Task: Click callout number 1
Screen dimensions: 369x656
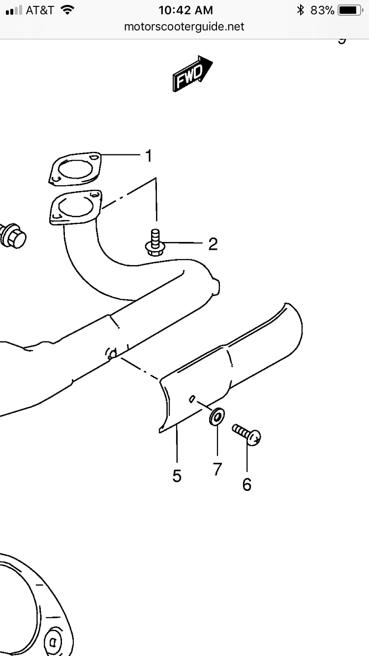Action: coord(148,156)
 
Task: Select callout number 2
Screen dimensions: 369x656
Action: coord(213,243)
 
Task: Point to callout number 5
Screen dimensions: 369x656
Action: coord(177,476)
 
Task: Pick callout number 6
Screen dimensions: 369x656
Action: coord(247,484)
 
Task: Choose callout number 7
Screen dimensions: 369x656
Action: coord(217,469)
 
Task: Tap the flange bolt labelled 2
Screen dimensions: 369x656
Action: coord(154,243)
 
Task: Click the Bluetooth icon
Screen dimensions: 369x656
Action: coord(300,10)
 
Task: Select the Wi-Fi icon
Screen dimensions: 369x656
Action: coord(67,10)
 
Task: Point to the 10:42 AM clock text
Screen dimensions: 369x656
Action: coord(185,10)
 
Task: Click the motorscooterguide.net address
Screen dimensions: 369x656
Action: coord(184,27)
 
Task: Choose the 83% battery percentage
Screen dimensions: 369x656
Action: coord(322,10)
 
